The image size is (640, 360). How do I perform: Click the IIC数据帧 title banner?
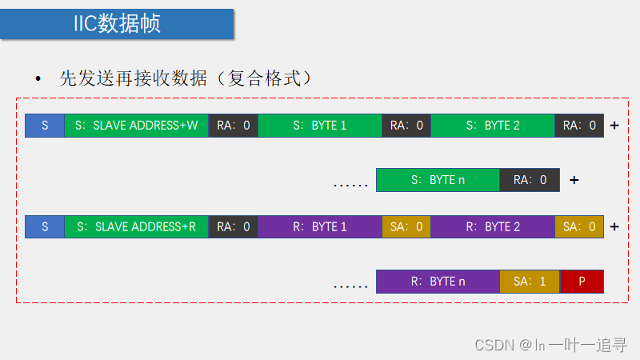118,23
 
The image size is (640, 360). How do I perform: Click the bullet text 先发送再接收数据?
185,78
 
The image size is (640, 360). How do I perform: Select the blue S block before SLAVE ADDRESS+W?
45,126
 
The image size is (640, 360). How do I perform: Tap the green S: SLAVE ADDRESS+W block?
136,126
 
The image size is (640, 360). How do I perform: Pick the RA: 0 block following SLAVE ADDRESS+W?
233,126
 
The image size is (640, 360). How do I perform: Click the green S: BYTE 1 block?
320,126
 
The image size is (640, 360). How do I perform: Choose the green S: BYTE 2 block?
493,126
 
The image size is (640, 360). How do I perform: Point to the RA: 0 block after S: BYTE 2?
579,126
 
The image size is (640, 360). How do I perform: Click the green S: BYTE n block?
438,180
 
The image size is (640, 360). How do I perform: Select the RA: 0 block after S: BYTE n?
530,180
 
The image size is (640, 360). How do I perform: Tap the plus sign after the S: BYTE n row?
574,180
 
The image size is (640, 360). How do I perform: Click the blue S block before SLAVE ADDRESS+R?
45,226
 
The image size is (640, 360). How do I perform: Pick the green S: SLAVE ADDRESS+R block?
136,226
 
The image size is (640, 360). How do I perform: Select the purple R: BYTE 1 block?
320,226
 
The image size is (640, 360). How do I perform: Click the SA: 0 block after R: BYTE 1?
406,226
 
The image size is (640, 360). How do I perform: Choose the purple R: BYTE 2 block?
493,226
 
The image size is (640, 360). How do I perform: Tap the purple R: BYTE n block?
438,282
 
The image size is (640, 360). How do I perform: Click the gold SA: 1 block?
530,282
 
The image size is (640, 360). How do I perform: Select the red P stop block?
582,282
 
